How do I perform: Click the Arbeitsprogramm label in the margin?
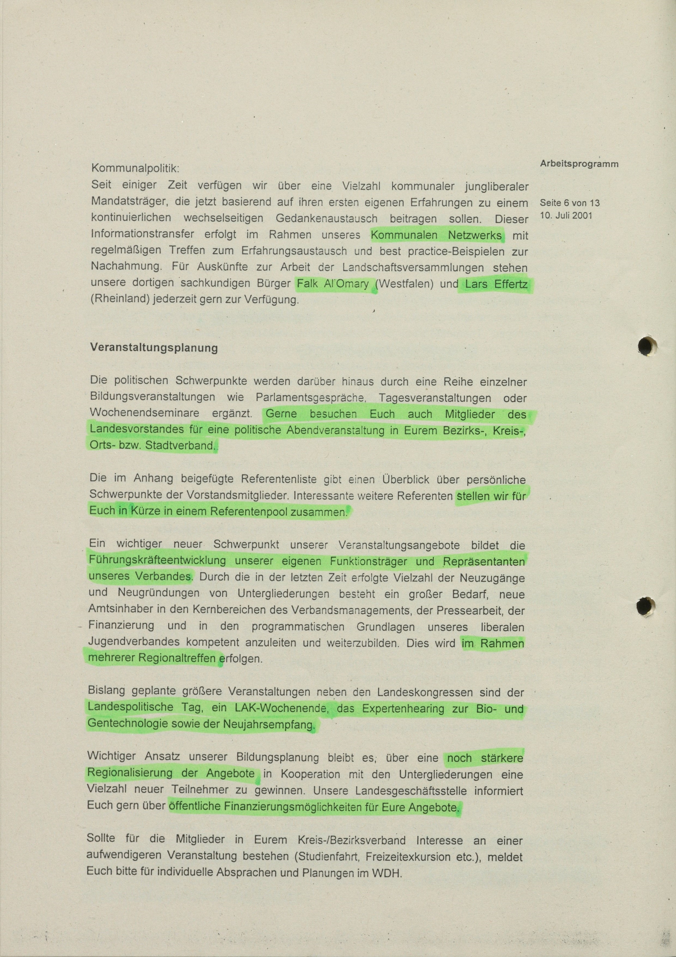[x=579, y=164]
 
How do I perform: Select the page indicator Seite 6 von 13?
[x=569, y=203]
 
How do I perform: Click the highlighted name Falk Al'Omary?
[x=333, y=284]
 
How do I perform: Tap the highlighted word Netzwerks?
[x=475, y=235]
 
